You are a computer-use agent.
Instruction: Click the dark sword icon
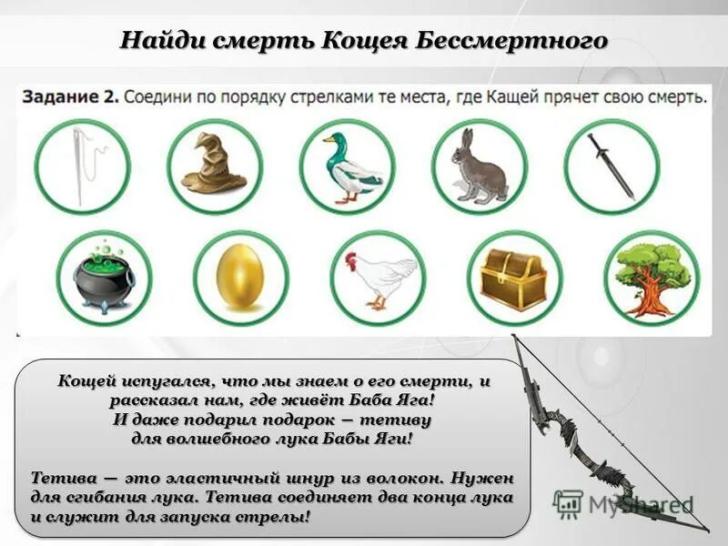[x=610, y=166]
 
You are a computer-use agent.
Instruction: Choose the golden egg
[x=240, y=277]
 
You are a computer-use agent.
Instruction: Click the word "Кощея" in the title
[x=367, y=41]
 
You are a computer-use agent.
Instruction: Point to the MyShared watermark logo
[x=623, y=504]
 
